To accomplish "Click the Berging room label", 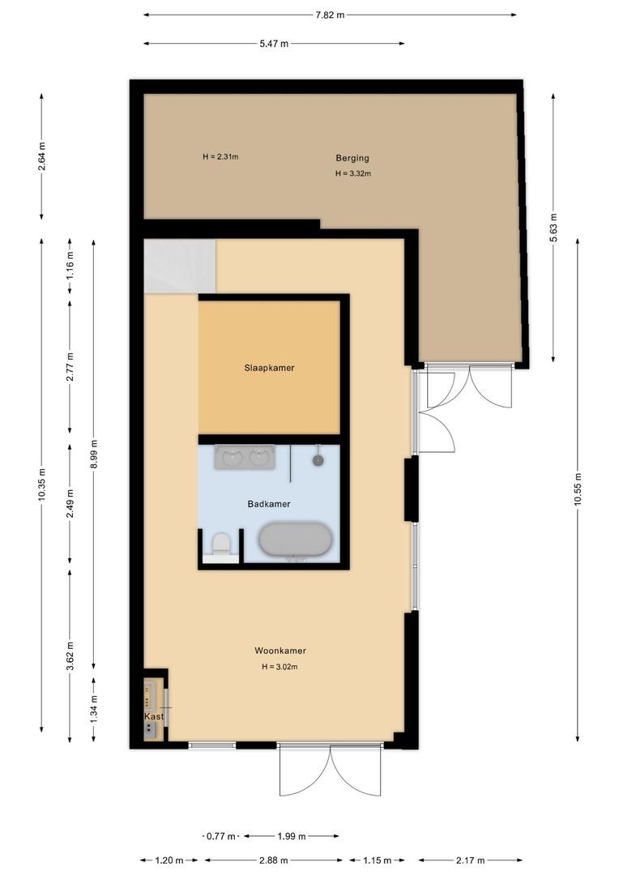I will pos(352,158).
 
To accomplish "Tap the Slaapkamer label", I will pos(269,368).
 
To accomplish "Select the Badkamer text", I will pos(269,504).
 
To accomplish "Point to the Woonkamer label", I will pos(280,651).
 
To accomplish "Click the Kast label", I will pos(154,716).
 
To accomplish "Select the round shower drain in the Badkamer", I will pos(318,459).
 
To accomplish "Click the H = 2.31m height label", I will pos(220,156).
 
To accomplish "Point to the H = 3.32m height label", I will pos(353,173).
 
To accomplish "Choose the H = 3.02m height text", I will pos(280,667).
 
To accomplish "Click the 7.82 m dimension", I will pos(329,15).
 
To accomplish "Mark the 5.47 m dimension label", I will pos(274,44).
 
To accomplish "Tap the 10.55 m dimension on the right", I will pos(578,489).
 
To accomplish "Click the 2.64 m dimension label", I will pos(42,156).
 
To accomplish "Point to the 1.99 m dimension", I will pos(292,836).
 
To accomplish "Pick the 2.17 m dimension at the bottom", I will pos(471,860).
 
